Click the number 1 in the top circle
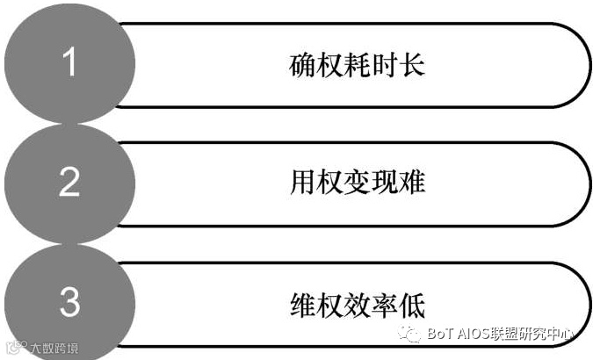pyautogui.click(x=71, y=63)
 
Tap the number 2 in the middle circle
pyautogui.click(x=69, y=182)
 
